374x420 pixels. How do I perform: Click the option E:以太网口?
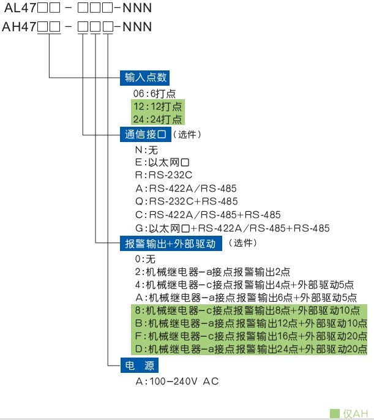160,162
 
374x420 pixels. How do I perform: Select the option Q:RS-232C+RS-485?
186,201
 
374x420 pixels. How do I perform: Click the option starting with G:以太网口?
232,228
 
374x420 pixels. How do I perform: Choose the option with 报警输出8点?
250,310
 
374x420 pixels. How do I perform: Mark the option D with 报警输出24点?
250,349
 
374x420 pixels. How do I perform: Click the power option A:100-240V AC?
177,381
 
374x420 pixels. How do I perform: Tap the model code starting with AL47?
77,9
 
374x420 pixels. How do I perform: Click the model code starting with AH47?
77,28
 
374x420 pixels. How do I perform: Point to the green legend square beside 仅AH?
334,413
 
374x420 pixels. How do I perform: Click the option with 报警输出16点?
250,336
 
